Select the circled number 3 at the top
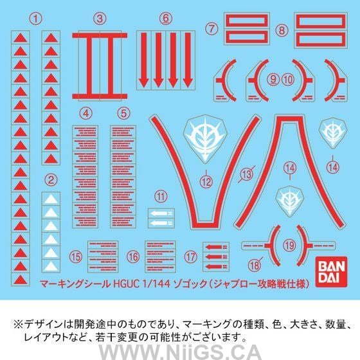[99, 19]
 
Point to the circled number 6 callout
[166, 18]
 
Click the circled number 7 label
[210, 28]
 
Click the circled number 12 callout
[206, 182]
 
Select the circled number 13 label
[246, 174]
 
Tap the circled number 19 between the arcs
[289, 244]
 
